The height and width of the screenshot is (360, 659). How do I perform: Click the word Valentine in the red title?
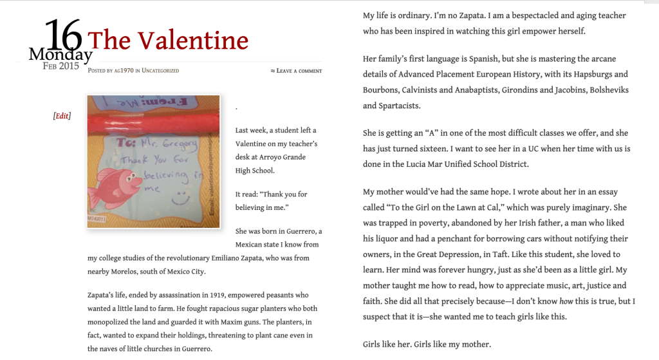coord(192,41)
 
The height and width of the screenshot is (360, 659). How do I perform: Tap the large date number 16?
coord(62,35)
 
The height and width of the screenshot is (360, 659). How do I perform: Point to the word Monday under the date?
coord(60,55)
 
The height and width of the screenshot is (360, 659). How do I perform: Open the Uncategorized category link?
coord(160,70)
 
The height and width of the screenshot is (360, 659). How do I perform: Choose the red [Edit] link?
coord(62,116)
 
